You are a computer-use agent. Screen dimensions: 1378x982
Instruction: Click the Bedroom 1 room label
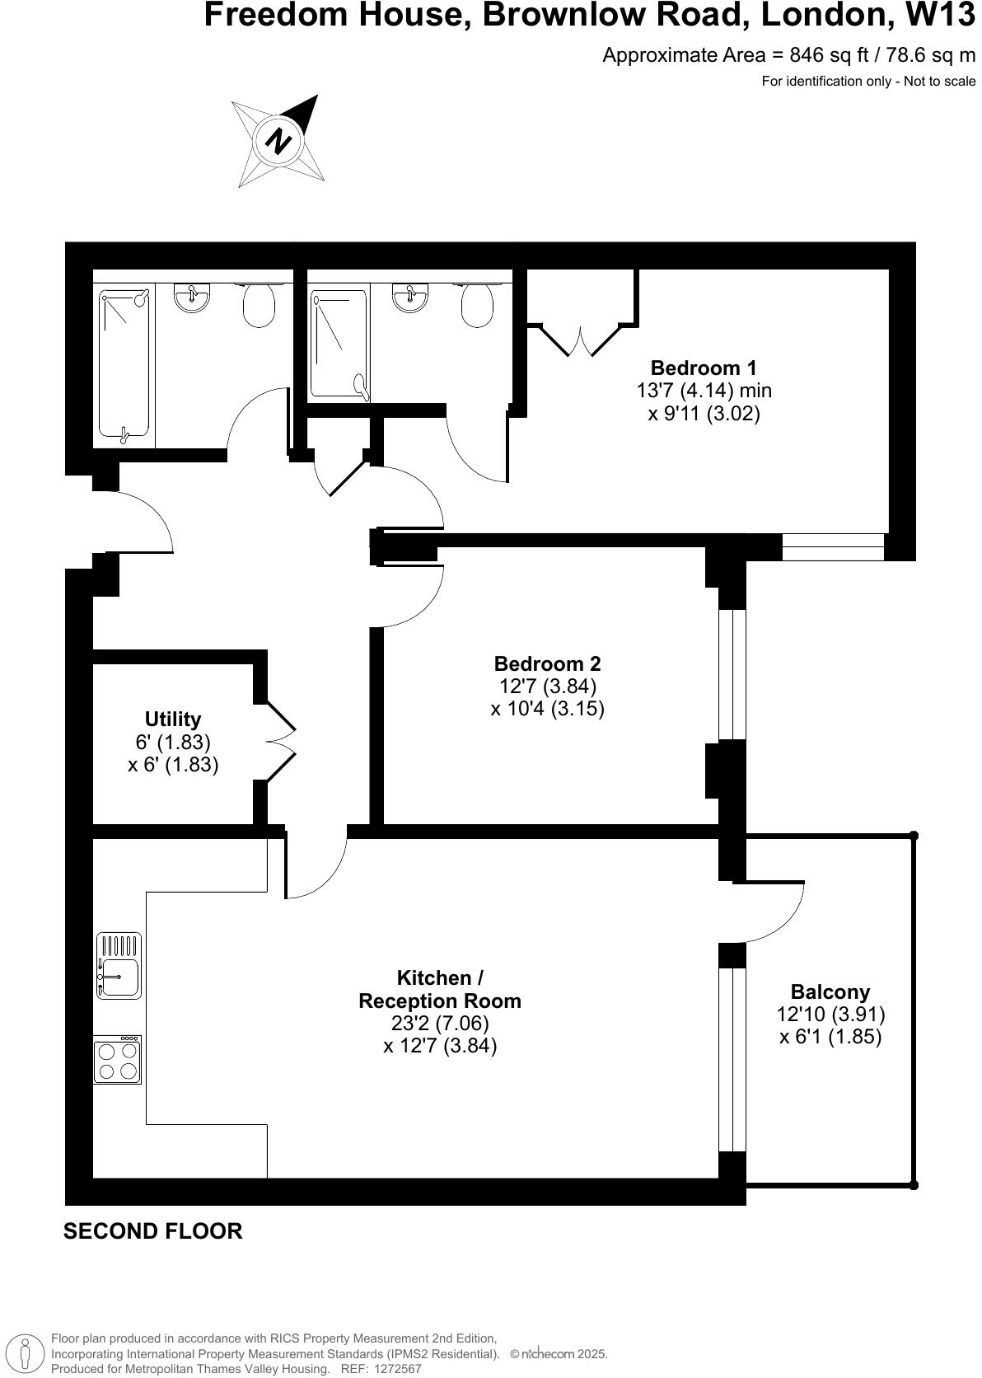703,368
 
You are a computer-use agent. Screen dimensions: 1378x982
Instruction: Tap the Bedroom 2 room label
547,663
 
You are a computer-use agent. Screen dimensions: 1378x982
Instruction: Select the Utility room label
173,719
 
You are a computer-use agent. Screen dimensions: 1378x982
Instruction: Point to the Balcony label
830,991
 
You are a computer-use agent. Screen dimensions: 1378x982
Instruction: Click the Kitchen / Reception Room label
440,989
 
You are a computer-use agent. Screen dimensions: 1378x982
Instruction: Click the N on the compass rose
278,141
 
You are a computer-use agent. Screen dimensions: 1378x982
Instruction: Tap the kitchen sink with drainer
119,967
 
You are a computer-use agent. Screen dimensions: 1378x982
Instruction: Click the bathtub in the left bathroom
124,363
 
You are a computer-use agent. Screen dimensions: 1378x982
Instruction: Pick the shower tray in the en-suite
339,344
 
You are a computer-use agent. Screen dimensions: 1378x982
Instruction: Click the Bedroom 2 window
732,674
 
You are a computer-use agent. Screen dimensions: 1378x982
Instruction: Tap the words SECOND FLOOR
153,1231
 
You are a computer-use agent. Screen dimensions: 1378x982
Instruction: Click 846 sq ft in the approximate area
826,55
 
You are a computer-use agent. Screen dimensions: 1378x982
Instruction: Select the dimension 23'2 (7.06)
440,1024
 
